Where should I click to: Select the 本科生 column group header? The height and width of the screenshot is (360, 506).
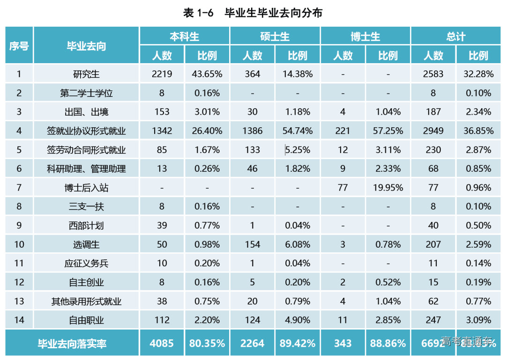tap(184, 36)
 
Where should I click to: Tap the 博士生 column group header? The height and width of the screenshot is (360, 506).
tap(365, 36)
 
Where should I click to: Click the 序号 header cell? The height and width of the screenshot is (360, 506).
tap(19, 46)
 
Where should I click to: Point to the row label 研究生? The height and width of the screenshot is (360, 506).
tap(86, 74)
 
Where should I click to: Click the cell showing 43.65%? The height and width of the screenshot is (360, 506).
tap(207, 74)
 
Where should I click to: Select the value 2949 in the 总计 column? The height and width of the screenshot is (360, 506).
tap(433, 131)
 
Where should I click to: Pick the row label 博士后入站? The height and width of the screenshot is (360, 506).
tap(86, 188)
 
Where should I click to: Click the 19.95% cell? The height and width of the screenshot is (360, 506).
tap(388, 188)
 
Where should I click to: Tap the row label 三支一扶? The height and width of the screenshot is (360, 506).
tap(86, 206)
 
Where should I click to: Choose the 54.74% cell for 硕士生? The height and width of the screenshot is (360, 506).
tap(298, 131)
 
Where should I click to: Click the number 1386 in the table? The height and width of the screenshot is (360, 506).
tap(252, 131)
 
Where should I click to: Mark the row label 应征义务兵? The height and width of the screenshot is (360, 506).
tap(86, 263)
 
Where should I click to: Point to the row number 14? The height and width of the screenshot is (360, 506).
tap(19, 320)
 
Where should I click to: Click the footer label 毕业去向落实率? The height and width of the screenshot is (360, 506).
tap(72, 344)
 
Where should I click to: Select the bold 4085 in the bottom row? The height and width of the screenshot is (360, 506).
tap(162, 344)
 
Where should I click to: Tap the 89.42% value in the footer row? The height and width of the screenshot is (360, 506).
tap(298, 344)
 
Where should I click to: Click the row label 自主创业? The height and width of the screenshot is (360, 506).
tap(86, 282)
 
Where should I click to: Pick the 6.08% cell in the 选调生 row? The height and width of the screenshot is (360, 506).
tap(298, 244)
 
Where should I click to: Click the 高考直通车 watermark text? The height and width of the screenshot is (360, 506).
tap(467, 341)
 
